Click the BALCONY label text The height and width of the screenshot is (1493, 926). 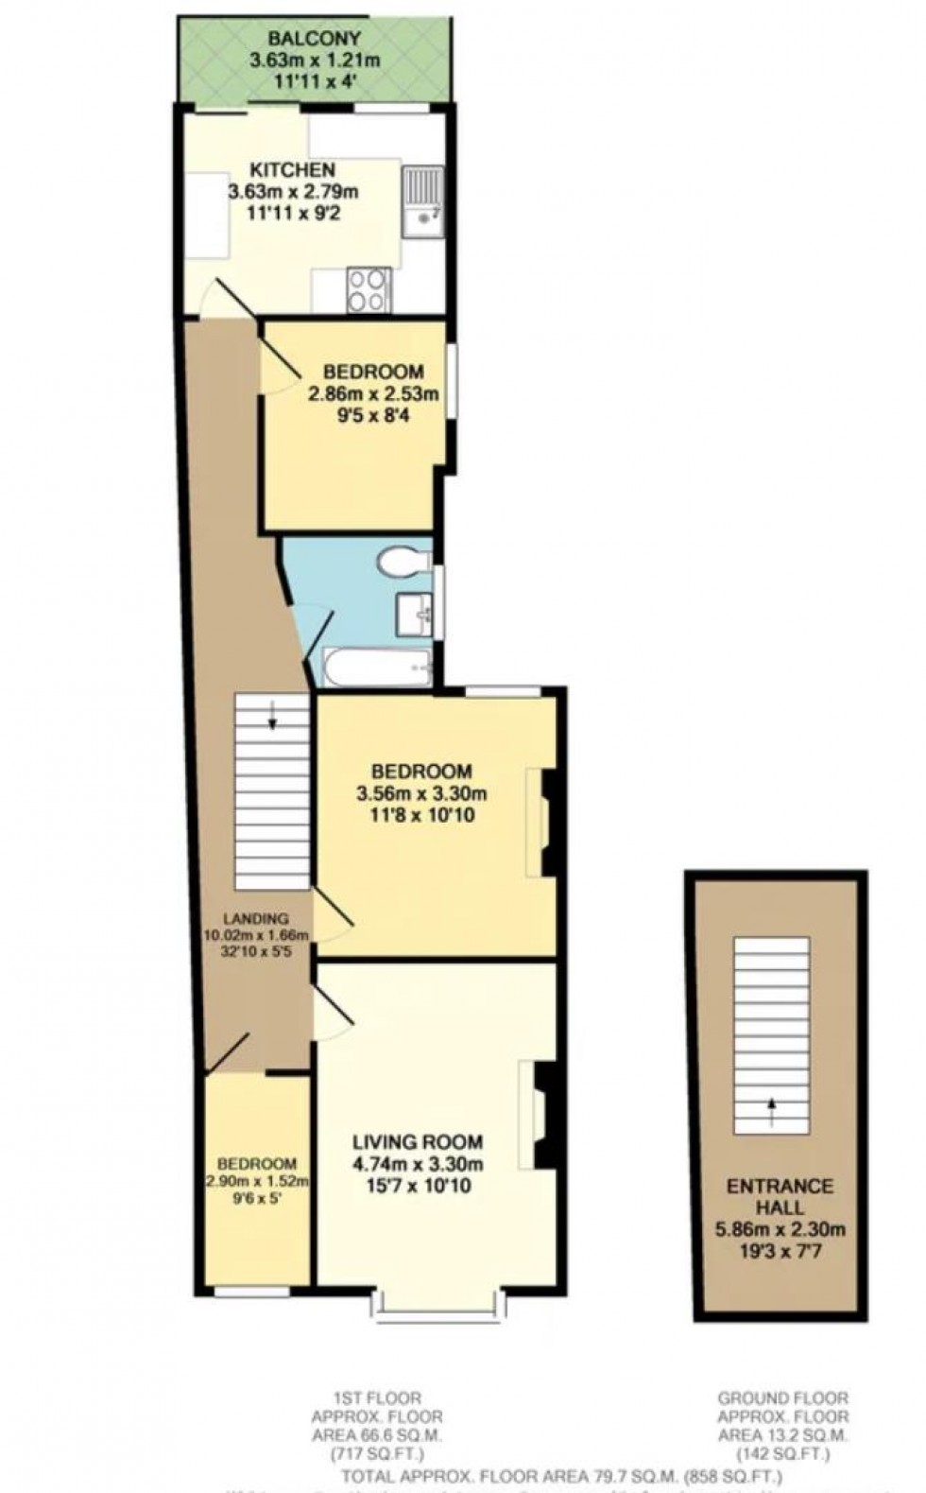coord(300,40)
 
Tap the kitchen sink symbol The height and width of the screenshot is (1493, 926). coord(421,200)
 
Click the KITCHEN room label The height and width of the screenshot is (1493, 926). coord(292,170)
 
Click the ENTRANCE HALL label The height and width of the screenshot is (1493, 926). coord(779,1196)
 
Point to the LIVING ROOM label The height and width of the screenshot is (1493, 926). coord(418,1142)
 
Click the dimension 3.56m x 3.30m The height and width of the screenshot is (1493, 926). coord(421,792)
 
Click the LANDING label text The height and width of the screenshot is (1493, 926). coord(255,918)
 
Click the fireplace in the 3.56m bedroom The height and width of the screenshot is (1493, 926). coord(546,821)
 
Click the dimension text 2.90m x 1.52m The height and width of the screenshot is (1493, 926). coord(256,1182)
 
